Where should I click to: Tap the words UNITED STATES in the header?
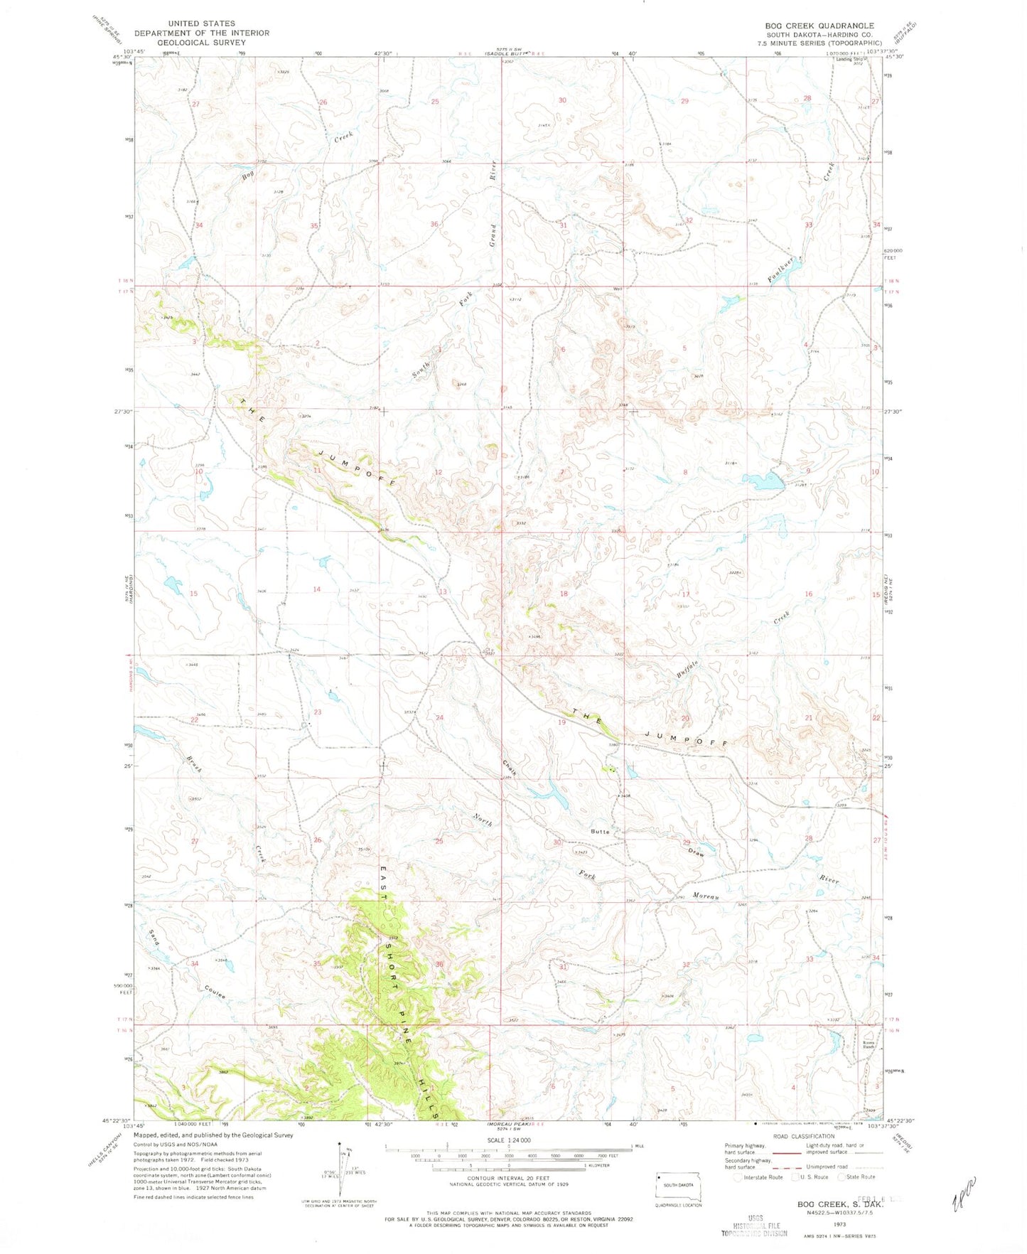201,23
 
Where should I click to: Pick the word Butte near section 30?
600,831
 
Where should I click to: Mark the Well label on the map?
618,289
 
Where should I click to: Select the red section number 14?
317,589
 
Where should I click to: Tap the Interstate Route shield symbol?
738,1177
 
